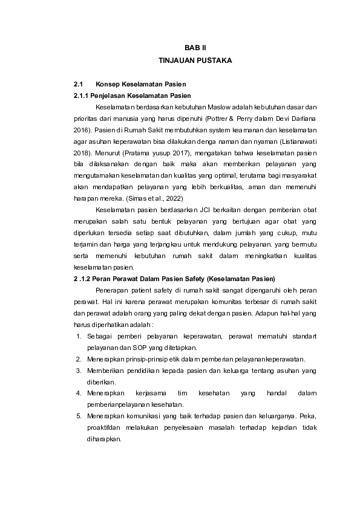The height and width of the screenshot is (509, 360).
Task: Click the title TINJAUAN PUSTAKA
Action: tap(195, 61)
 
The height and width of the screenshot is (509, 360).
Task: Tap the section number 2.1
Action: tap(77, 84)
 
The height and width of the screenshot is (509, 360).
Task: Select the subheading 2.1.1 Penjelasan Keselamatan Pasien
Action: tap(132, 96)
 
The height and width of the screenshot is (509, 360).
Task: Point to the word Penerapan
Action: tap(112, 291)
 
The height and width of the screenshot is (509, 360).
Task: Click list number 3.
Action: tap(78, 371)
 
